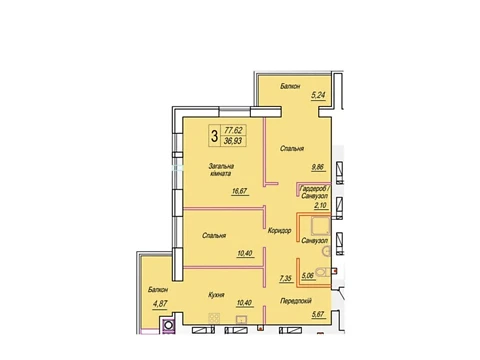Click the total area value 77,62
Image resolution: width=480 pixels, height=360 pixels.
point(233,130)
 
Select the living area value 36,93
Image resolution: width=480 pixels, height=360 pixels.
point(233,141)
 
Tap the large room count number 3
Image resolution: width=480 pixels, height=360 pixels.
point(214,136)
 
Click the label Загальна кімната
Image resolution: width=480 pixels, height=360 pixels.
point(221,170)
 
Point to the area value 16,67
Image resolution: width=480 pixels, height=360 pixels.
point(239,191)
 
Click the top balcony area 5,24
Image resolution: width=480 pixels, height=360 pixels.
point(318,95)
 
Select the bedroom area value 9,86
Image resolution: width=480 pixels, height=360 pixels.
point(318,167)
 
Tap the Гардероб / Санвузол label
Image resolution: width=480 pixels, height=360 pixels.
point(315,192)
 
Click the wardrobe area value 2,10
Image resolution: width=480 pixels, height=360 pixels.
point(320,205)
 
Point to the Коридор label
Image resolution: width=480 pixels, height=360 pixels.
point(279,230)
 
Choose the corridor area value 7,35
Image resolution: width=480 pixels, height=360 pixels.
point(286,278)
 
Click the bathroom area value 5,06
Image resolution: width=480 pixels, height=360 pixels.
point(308,275)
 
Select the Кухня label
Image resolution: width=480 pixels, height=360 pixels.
point(216,295)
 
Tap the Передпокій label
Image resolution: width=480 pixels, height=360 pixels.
point(296,301)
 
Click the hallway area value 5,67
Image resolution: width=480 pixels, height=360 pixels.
point(318,314)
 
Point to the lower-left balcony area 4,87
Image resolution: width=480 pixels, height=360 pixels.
point(160,304)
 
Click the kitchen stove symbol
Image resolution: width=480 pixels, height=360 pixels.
point(214,318)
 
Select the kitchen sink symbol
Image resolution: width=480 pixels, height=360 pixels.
point(241,319)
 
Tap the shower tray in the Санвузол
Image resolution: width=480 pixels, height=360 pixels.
point(320,226)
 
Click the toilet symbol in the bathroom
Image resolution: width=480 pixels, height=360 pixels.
point(323,272)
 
